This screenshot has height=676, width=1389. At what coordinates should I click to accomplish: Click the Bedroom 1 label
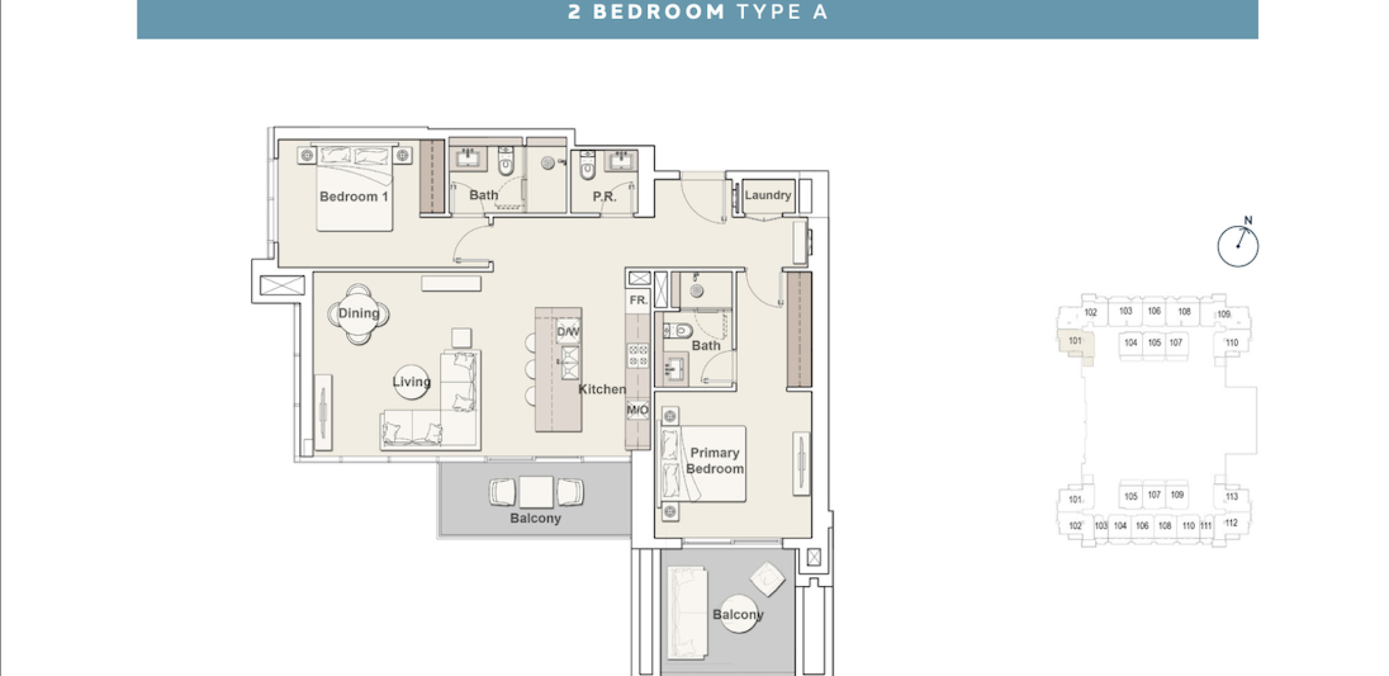click(354, 197)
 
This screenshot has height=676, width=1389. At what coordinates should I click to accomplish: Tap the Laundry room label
click(768, 195)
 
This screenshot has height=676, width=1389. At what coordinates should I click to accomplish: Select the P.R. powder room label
click(604, 197)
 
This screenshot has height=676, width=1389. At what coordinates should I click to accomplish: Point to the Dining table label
click(359, 313)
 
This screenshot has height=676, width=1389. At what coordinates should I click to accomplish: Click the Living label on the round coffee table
click(411, 382)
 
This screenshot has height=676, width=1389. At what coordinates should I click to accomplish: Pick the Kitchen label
click(602, 389)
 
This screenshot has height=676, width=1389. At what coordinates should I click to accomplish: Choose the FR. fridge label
click(638, 300)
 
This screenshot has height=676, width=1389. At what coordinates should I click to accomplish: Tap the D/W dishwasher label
click(568, 332)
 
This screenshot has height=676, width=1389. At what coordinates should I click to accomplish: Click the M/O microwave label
click(638, 411)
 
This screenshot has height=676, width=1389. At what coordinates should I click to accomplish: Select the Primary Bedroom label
click(715, 461)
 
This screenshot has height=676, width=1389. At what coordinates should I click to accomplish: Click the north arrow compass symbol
click(1238, 244)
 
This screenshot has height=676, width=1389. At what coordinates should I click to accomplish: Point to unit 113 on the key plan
click(1231, 497)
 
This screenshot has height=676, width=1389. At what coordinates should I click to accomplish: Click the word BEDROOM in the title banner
click(658, 13)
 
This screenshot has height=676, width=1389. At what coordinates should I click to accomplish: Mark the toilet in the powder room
click(587, 165)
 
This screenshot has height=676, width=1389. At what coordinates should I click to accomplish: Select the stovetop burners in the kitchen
click(638, 356)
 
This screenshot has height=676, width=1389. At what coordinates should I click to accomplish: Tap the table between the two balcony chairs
click(536, 492)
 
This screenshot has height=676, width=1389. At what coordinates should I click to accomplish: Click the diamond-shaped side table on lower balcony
click(767, 580)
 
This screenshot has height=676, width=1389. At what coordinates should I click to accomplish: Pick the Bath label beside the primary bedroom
click(706, 346)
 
